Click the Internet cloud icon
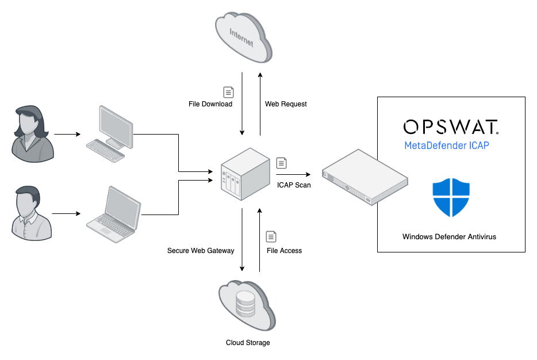click(242, 37)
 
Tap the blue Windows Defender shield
click(451, 197)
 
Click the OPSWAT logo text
click(451, 127)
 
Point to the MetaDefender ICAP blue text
click(447, 145)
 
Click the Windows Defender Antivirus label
click(449, 236)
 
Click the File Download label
click(210, 104)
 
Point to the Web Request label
click(286, 104)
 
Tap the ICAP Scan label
click(294, 185)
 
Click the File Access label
click(284, 251)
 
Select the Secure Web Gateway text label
click(201, 251)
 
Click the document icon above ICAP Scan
click(281, 163)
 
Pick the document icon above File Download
click(228, 92)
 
